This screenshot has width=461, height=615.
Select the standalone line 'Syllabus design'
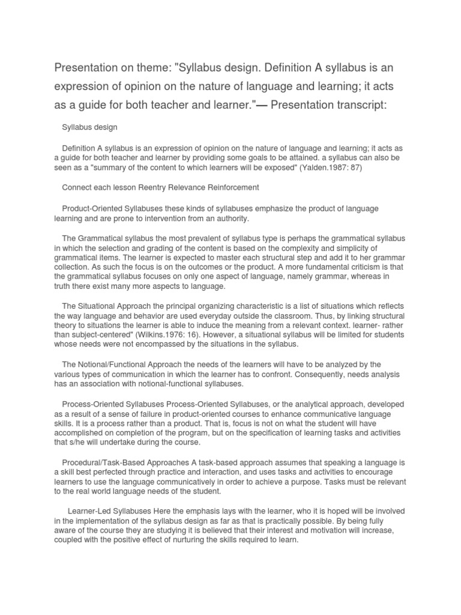pos(90,127)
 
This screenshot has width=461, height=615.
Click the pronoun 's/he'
pos(73,443)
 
